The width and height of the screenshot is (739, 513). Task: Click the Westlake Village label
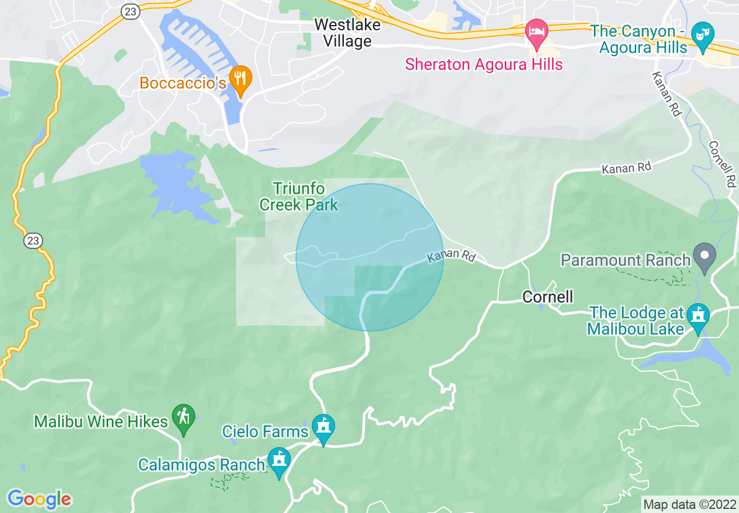point(347,33)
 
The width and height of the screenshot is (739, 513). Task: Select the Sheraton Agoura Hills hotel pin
point(536,33)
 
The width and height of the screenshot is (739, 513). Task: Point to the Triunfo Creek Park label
point(299,196)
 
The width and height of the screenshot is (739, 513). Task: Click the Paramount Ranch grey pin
point(704,257)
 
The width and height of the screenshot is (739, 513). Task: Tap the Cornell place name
point(548,297)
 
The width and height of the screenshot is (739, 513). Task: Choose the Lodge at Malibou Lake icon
point(698,317)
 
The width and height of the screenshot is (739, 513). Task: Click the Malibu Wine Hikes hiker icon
point(184,418)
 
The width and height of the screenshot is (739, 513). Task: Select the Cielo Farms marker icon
point(323,428)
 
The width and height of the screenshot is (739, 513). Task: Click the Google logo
point(39,498)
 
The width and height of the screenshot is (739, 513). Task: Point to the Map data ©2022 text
point(689,504)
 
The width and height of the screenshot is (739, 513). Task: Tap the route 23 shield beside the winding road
point(33,240)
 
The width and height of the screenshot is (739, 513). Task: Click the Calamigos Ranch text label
point(202,465)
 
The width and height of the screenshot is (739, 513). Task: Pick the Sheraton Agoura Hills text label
point(484,64)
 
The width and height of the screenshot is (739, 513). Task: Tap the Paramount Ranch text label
point(625,260)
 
